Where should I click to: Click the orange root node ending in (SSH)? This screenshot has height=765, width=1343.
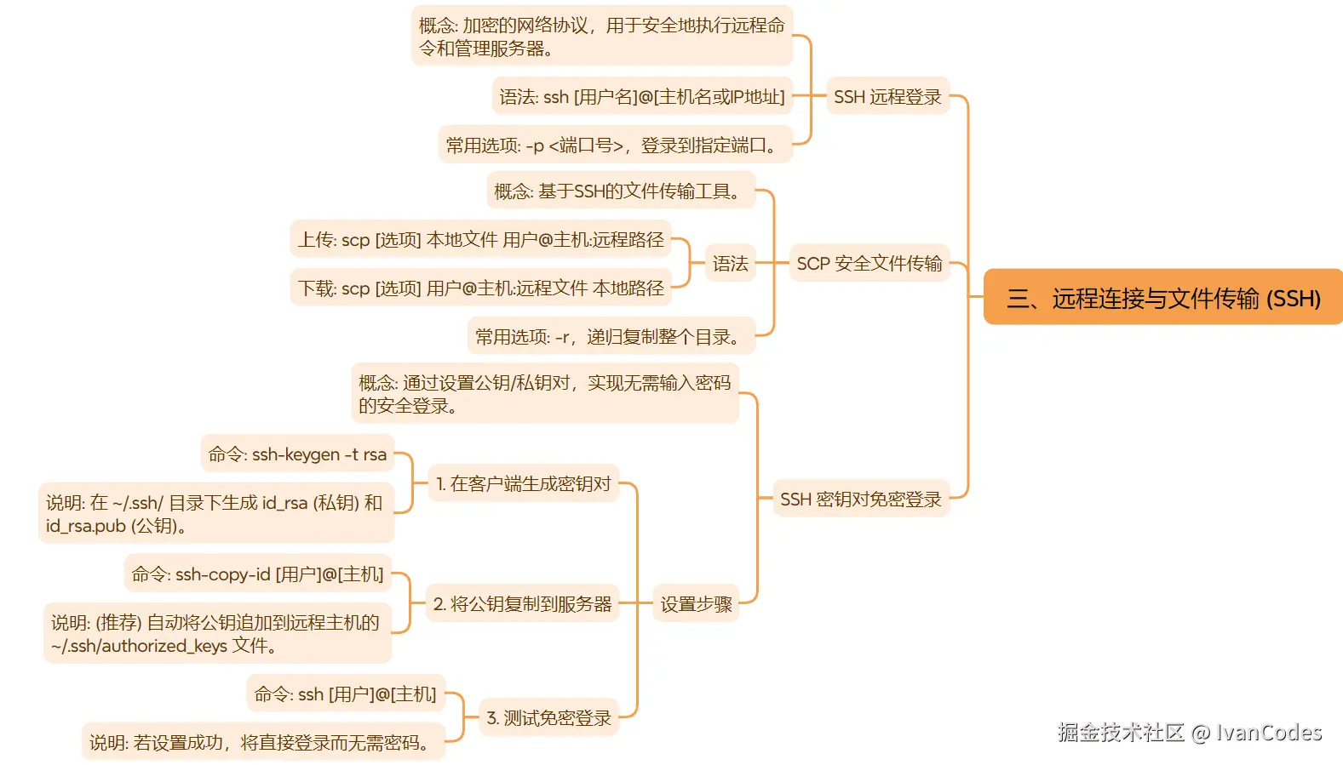point(1162,298)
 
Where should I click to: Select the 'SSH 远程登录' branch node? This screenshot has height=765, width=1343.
point(887,97)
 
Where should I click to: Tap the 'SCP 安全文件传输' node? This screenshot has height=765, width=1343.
point(869,264)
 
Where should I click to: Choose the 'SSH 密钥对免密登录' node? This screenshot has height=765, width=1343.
point(860,500)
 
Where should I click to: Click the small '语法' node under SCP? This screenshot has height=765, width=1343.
point(730,264)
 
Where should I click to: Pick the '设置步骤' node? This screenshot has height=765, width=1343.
point(696,604)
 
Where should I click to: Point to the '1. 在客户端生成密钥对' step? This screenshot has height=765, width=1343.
point(523,484)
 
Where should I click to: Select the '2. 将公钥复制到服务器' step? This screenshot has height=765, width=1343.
point(522,604)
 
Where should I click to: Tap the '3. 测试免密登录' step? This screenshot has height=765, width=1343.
point(548,718)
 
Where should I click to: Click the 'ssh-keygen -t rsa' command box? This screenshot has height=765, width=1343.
point(297,454)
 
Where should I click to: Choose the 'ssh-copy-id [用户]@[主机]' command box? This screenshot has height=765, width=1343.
point(257,574)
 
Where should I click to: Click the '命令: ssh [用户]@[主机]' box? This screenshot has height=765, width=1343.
point(345,694)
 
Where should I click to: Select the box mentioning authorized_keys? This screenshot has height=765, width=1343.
point(216,634)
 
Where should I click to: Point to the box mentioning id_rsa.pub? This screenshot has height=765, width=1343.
point(215,514)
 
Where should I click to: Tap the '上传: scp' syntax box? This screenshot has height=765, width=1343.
point(480,240)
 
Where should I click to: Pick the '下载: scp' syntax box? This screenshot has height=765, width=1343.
point(480,288)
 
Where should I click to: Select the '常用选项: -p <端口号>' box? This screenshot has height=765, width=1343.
point(614,146)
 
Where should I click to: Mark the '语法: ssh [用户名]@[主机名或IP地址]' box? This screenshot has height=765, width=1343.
point(642,97)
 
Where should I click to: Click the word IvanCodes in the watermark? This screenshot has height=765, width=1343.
point(1268,733)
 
